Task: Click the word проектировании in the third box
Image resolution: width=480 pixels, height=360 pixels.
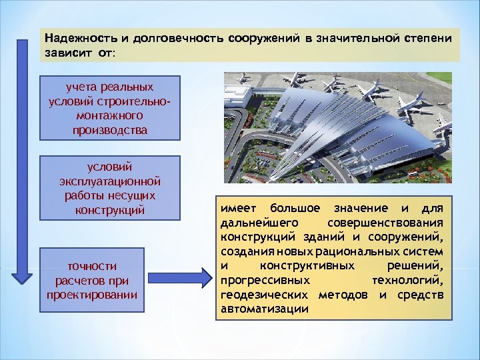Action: point(93,294)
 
